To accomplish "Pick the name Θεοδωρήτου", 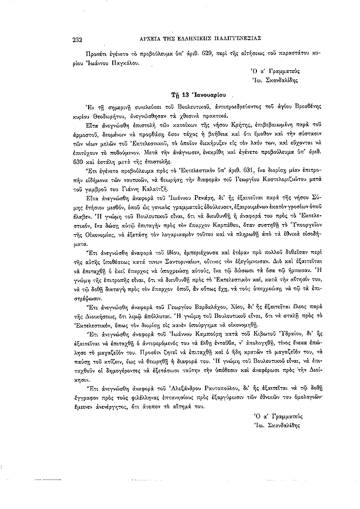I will click(x=114, y=118).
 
